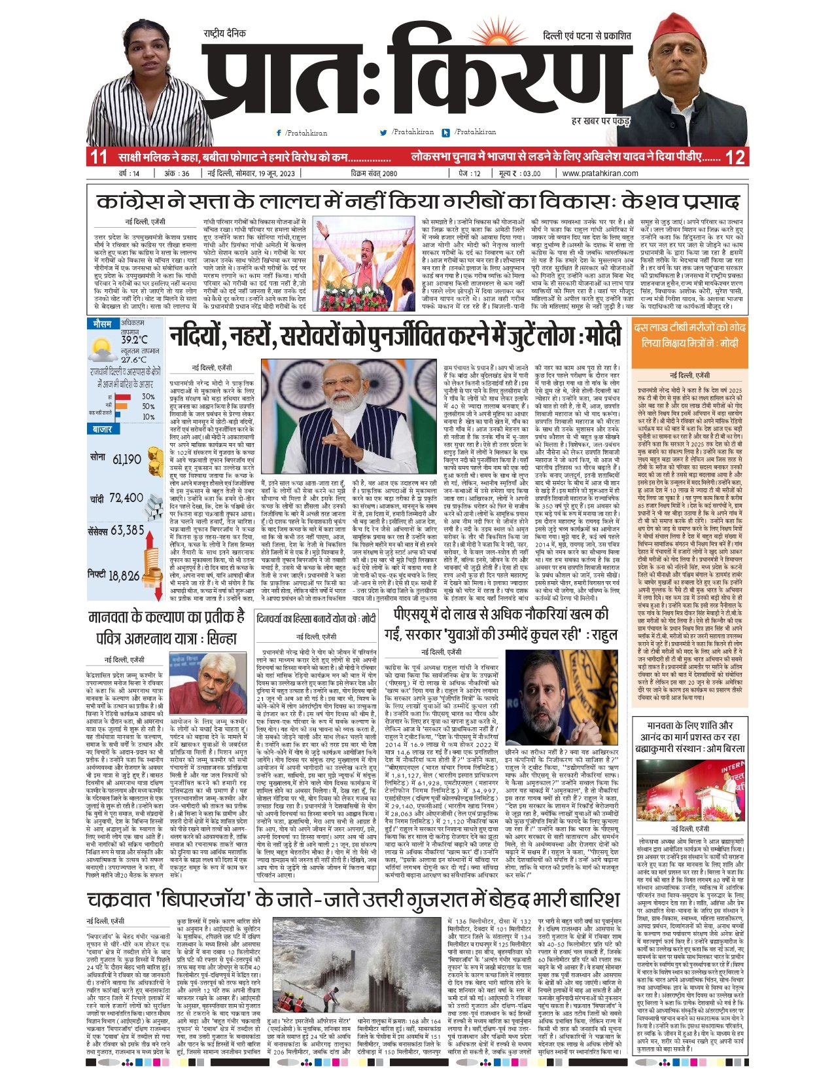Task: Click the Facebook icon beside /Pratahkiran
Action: (x=279, y=133)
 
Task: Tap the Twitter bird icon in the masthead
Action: (x=384, y=133)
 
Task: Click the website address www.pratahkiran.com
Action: (x=600, y=173)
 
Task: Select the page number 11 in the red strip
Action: (x=99, y=158)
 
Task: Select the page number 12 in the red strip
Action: (x=735, y=158)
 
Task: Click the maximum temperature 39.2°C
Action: (x=134, y=340)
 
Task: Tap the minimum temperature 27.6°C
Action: (x=133, y=359)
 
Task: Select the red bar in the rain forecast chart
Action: (x=124, y=397)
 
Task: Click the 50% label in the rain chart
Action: (x=148, y=406)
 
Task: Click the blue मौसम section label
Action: (x=102, y=324)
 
